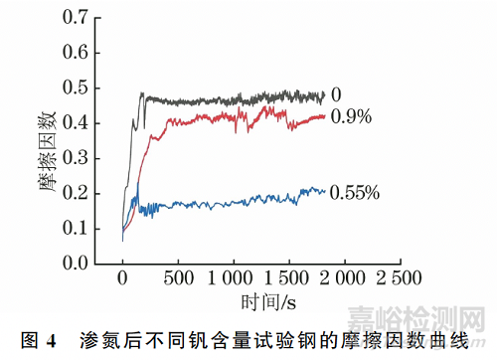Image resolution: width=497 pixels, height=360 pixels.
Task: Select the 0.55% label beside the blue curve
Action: coord(355,192)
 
